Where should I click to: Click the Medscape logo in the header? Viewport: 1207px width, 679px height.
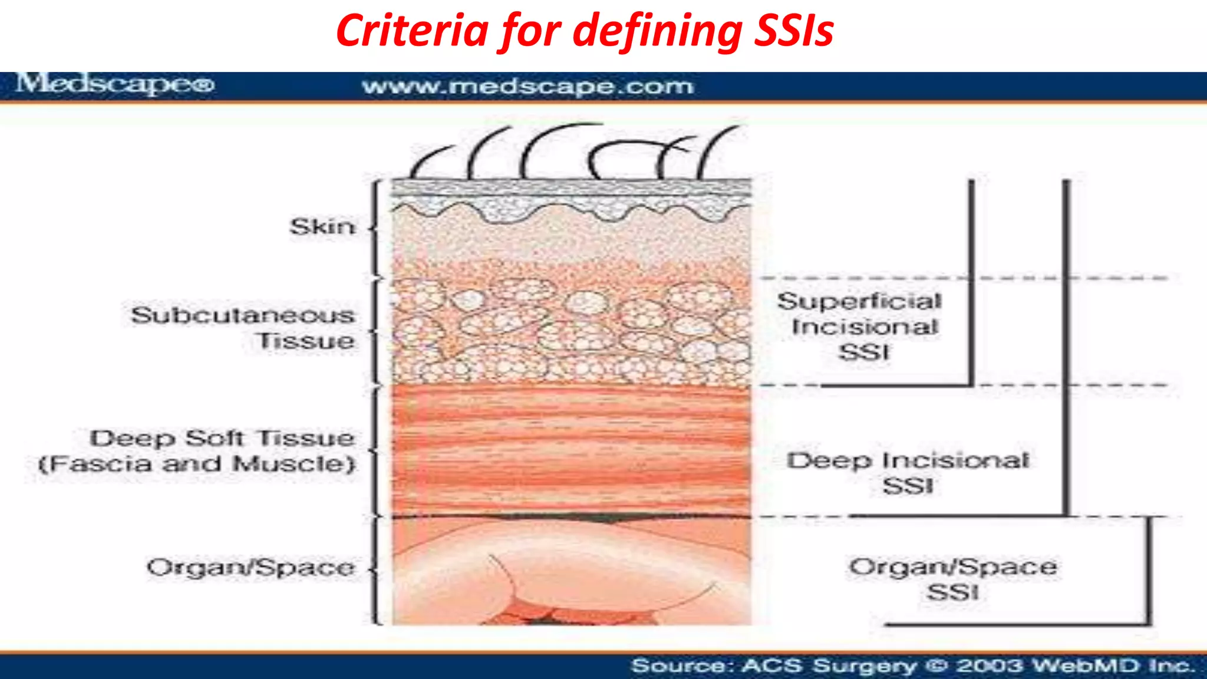point(116,84)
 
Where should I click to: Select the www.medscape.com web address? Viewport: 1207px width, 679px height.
point(527,87)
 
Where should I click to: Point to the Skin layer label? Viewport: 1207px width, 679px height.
point(322,226)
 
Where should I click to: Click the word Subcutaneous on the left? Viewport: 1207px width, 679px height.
point(243,315)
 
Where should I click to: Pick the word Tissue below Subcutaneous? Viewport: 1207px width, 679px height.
point(306,341)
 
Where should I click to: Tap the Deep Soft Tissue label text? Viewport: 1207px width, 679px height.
point(222,438)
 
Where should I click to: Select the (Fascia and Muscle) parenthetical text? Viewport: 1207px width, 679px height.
point(197,464)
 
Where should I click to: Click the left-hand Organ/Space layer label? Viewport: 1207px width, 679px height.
point(251,568)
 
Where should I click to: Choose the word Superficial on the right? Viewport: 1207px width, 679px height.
point(859,301)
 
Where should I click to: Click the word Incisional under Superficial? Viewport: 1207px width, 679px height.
point(865,327)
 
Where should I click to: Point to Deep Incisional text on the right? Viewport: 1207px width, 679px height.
point(908,460)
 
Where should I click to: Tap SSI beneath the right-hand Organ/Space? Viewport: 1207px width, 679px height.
point(952,592)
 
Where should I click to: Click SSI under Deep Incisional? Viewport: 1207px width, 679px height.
point(908,486)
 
